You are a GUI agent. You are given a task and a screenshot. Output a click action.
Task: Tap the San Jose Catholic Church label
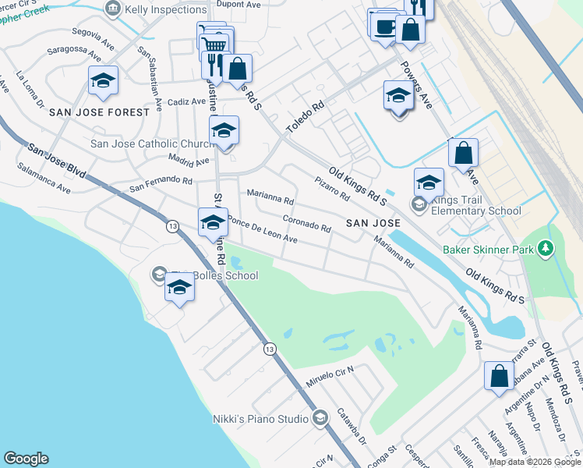point(153,144)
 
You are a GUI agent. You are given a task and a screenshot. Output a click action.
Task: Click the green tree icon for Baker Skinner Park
point(546,249)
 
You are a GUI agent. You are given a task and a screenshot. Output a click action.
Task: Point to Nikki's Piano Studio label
point(260,419)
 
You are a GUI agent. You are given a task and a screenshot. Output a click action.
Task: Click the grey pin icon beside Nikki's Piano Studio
point(319,420)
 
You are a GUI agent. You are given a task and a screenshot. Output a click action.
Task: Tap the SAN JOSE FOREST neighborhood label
point(99,112)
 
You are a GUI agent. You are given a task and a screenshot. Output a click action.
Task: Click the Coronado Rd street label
point(307,223)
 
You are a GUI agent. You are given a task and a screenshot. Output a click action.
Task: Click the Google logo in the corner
point(26,459)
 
